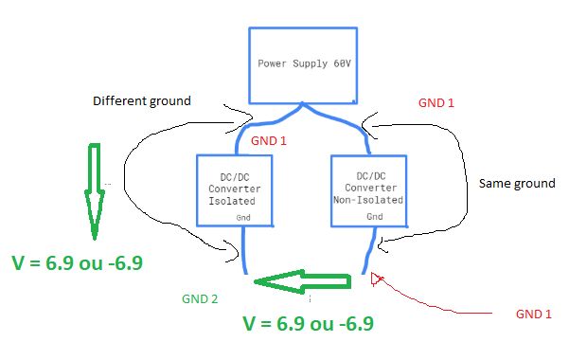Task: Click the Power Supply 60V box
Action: [x=303, y=64]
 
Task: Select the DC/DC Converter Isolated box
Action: [x=234, y=189]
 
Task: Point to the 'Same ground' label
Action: [x=517, y=182]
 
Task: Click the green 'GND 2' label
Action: [x=200, y=298]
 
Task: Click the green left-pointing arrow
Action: [x=303, y=281]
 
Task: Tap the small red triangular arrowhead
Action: [x=377, y=278]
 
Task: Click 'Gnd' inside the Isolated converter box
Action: [x=245, y=218]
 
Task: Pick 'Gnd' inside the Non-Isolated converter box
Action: [x=375, y=217]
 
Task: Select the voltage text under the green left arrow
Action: [x=309, y=323]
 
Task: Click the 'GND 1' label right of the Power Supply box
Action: [x=436, y=101]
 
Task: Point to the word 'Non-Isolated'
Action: [x=368, y=200]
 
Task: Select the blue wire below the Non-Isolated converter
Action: [x=365, y=251]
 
